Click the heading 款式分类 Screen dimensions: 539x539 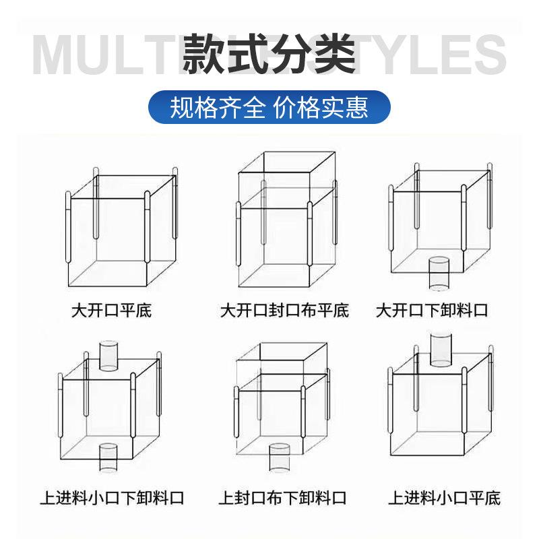pyautogui.click(x=269, y=54)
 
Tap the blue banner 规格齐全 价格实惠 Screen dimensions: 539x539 pyautogui.click(x=269, y=107)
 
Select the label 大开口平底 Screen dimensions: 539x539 pyautogui.click(x=112, y=311)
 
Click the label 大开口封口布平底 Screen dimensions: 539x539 pyautogui.click(x=284, y=311)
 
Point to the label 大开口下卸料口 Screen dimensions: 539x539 pyautogui.click(x=432, y=311)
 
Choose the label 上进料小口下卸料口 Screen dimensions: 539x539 pyautogui.click(x=112, y=499)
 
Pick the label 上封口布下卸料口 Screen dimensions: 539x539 pyautogui.click(x=282, y=499)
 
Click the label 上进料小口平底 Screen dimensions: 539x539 pyautogui.click(x=444, y=499)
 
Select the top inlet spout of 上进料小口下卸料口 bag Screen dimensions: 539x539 pyautogui.click(x=108, y=355)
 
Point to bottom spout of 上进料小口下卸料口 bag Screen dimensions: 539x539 pyautogui.click(x=108, y=458)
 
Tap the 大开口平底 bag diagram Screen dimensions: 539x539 pyautogui.click(x=121, y=229)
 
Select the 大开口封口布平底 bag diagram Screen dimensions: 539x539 pyautogui.click(x=286, y=222)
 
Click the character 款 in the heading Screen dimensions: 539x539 pyautogui.click(x=205, y=54)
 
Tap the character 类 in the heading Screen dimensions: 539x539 pyautogui.click(x=334, y=54)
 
